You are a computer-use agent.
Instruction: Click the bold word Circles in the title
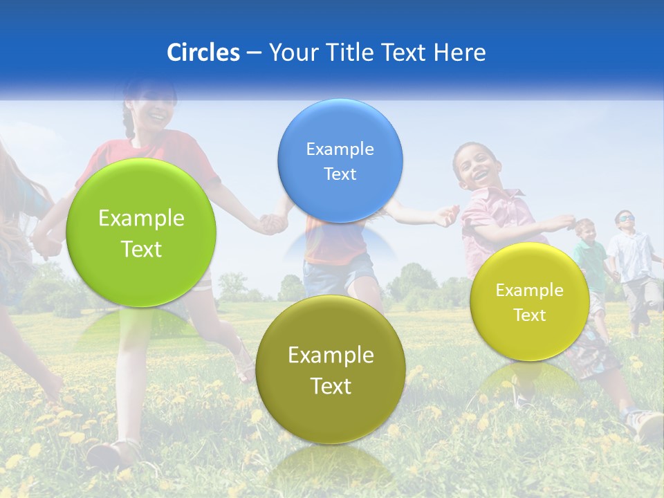tap(203, 53)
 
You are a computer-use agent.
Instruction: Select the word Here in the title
tap(459, 53)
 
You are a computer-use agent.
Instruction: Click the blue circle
tap(340, 160)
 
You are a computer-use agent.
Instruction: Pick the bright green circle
tap(141, 232)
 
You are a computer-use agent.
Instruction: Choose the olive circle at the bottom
tap(331, 369)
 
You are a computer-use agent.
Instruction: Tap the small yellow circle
tap(530, 302)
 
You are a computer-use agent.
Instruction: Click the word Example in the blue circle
tap(340, 149)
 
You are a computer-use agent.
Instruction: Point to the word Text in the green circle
tap(141, 249)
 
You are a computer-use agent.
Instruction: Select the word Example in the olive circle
tap(331, 356)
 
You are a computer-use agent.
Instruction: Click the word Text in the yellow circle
tap(530, 315)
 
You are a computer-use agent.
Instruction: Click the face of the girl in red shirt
tap(154, 107)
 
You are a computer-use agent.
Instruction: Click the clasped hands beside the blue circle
tap(272, 223)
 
